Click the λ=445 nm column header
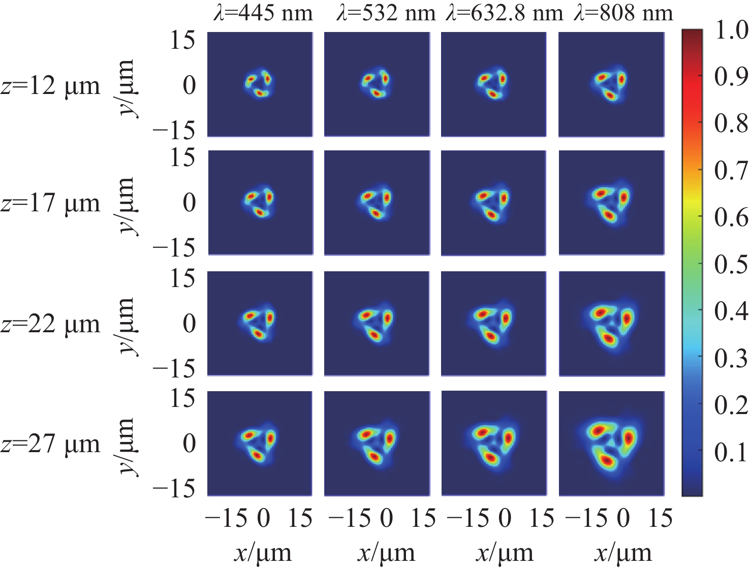263,13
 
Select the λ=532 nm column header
386,13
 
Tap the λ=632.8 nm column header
505,13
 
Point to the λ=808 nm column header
623,13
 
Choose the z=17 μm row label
51,203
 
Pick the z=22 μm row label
51,324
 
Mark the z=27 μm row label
51,444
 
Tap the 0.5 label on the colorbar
731,264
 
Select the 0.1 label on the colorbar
731,452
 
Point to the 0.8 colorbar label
731,123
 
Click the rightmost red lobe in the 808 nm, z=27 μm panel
629,437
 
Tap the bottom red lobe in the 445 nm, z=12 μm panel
260,92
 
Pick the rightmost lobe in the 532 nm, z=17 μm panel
387,197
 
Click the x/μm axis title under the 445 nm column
263,553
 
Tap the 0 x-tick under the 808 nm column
623,518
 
